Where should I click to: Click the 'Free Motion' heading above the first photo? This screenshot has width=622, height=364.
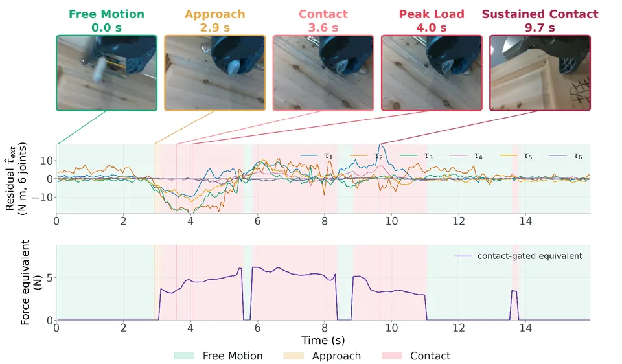(106, 14)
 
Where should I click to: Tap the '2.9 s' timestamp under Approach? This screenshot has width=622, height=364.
(214, 28)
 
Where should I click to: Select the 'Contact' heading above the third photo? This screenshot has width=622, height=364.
(323, 14)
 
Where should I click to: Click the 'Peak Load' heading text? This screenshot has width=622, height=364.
(432, 14)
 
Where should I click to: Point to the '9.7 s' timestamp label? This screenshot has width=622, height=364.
(540, 28)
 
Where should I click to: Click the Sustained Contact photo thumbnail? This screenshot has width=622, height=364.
(540, 73)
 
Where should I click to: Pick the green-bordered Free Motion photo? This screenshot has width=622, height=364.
(106, 73)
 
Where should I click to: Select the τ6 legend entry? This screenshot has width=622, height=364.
(566, 156)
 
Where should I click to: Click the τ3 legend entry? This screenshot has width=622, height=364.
(416, 156)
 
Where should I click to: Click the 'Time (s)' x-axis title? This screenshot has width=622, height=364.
(323, 340)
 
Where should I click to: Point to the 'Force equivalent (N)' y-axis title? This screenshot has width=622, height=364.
(30, 282)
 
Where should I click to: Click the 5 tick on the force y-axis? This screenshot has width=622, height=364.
(50, 278)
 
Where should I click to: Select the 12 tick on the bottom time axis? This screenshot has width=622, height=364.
(459, 328)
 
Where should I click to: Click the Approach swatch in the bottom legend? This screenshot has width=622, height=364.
(294, 356)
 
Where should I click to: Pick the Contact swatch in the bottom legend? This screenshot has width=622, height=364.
(391, 356)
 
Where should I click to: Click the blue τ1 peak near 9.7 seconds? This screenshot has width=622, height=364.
(381, 144)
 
